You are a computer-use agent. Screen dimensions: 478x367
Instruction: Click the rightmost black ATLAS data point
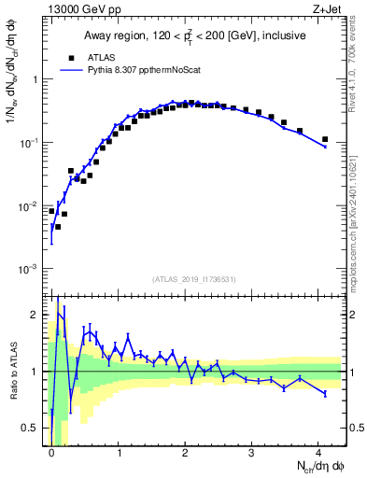click(x=324, y=139)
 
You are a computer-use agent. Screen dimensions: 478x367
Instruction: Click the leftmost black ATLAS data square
click(x=51, y=211)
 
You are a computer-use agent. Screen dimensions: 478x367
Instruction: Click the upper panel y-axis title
click(x=13, y=103)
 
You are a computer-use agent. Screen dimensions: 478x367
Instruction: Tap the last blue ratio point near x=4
click(x=324, y=394)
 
